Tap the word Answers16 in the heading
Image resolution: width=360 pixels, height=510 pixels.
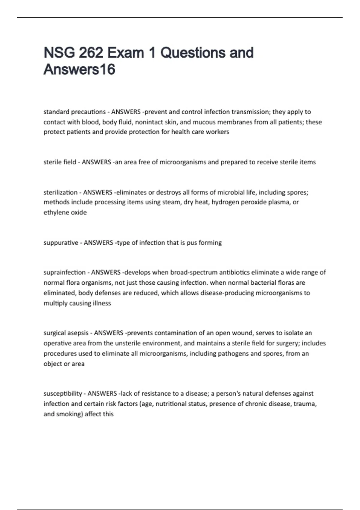[79, 70]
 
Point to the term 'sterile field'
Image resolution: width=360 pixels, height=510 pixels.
[60, 162]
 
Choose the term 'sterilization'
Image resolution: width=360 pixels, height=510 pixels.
[60, 192]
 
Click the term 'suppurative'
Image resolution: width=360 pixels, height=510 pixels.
[61, 242]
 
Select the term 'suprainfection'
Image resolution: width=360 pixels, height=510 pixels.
[64, 272]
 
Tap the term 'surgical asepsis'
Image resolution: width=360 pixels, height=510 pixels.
[66, 333]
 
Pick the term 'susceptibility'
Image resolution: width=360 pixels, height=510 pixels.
[63, 393]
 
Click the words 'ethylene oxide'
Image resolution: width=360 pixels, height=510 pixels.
[65, 212]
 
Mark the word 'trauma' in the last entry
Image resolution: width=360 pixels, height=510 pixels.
[305, 404]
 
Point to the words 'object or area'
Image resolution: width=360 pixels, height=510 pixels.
[64, 364]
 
